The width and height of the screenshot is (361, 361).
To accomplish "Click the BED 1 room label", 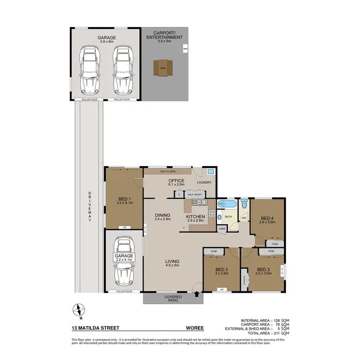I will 124,199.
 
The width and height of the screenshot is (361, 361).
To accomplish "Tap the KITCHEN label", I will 195,217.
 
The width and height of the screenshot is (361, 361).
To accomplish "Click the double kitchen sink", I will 198,203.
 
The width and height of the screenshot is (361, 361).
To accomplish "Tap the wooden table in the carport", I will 163,67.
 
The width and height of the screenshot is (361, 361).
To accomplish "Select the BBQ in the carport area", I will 185,49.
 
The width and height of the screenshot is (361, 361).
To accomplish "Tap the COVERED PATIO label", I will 172,299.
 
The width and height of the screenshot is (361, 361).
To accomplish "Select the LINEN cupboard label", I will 221,229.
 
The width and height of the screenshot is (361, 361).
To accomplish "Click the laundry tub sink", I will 210,172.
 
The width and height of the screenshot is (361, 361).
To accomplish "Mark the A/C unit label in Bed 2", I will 221,289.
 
